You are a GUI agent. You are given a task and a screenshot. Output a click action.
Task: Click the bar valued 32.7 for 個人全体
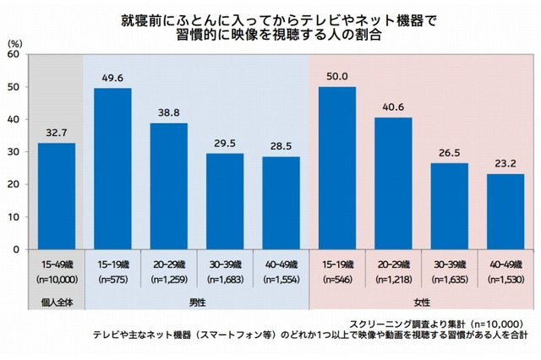(x=57, y=196)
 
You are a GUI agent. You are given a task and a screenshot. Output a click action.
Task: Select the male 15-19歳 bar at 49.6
(x=112, y=169)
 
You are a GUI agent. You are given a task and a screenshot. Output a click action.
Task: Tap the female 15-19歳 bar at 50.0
(x=336, y=168)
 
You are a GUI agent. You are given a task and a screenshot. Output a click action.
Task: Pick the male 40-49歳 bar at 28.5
(x=281, y=203)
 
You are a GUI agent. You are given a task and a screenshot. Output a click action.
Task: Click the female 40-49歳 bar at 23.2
(x=505, y=211)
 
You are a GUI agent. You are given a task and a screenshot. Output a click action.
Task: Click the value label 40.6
(x=393, y=107)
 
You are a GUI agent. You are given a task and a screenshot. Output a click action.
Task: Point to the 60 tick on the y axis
(x=14, y=54)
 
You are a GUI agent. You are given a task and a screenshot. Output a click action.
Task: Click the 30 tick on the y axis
(x=14, y=152)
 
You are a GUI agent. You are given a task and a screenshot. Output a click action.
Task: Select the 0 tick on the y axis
(x=17, y=250)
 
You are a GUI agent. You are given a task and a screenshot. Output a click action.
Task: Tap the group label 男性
(x=197, y=303)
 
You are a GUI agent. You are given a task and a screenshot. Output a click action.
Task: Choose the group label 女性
(x=421, y=303)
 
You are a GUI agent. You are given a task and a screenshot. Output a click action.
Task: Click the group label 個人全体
(x=57, y=303)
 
